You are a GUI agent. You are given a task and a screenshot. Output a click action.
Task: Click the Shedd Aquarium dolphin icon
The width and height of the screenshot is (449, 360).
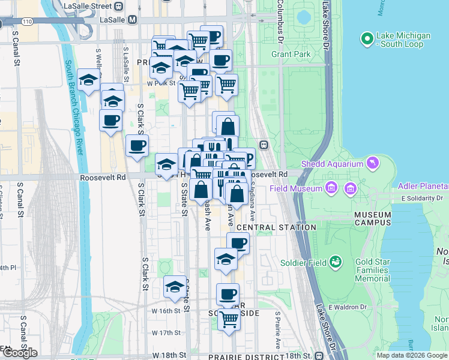pos(374,163)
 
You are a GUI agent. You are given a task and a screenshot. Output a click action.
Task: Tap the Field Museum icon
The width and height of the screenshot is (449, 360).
pos(330,189)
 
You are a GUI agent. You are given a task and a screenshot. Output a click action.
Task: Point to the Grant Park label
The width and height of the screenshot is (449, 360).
pos(291,54)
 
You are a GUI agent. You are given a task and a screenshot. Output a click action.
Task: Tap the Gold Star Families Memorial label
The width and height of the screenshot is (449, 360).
pos(381,271)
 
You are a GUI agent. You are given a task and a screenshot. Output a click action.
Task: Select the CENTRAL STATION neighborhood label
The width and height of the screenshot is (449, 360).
pos(276,228)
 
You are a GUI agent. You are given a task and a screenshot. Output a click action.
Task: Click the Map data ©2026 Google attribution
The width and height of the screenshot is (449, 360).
pos(412,355)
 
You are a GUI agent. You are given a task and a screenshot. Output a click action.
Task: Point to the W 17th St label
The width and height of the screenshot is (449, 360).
pos(166,332)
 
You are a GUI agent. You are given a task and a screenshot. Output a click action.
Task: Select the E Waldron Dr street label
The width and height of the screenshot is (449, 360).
pos(345,307)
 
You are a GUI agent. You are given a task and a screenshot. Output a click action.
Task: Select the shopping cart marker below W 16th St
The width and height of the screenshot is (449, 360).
pos(229,319)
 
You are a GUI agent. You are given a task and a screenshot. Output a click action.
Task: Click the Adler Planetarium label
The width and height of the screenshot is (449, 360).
pos(423,185)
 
